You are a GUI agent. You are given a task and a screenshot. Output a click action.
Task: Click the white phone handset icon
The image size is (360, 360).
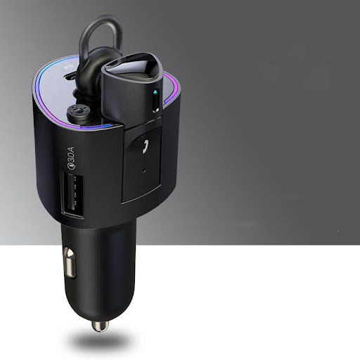click(146, 146)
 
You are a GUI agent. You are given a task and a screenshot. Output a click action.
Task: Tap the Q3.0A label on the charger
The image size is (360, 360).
click(71, 157)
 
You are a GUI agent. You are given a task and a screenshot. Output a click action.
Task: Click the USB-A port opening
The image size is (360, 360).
click(72, 195)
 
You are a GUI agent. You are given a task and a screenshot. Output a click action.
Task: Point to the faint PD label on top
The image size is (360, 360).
click(69, 67)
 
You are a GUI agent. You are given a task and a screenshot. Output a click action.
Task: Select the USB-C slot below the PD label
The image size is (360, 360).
click(71, 76)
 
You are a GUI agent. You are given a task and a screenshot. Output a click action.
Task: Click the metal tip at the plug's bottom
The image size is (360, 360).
click(101, 326)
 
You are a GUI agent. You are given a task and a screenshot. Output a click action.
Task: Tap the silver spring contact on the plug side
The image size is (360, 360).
click(70, 262)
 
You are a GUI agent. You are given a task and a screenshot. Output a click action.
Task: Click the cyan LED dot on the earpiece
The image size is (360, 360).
click(155, 92)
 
